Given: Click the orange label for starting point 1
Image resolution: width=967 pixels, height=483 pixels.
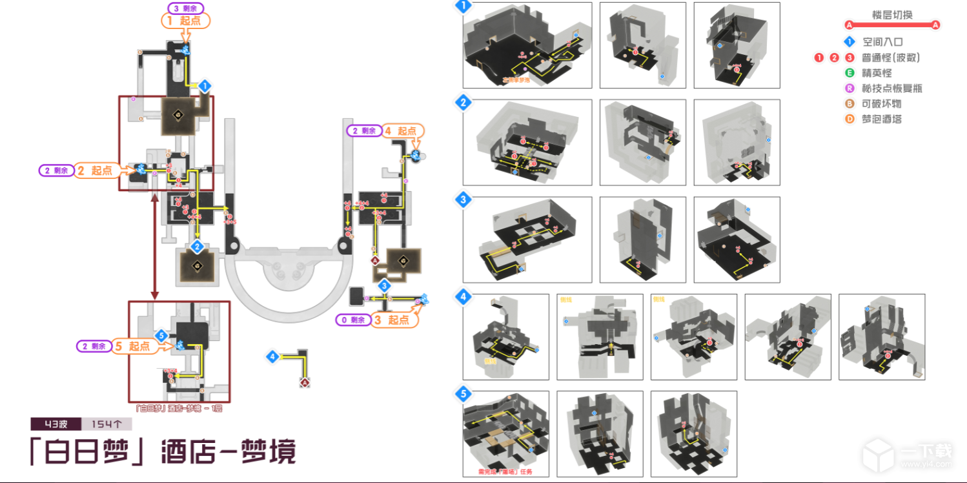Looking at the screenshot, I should coord(185,21).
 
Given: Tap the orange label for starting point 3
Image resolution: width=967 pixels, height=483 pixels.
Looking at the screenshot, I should coord(394,320).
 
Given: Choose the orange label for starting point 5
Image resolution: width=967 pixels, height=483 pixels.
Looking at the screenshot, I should coord(134,347).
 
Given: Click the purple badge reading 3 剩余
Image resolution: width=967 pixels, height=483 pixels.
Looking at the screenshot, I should coord(186,8).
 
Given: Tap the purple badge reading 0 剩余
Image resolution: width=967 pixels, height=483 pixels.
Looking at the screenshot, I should coord(354,320).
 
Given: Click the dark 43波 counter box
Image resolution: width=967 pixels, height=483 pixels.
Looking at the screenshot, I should coord(56,424).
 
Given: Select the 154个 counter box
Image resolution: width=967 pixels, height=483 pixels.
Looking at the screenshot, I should coord(107,424).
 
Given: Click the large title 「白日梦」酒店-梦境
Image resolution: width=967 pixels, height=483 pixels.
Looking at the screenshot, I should coord(163,452).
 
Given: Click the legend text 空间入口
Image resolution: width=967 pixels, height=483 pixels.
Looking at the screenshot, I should coord(882,42).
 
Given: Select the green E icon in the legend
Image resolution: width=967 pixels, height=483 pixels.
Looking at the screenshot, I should coord(850,73).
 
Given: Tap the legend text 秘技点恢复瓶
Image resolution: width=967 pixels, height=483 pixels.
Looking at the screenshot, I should coord(892,88).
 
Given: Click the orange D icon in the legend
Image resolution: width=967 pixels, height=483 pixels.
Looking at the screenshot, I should coord(850,119).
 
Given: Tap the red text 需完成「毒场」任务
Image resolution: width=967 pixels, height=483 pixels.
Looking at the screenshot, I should coord(505,472).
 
